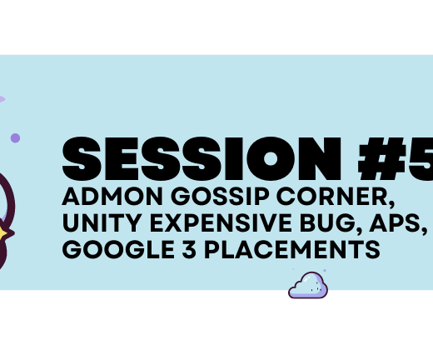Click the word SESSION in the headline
(202, 158)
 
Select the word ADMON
(112, 196)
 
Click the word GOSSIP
(220, 196)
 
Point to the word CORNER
(332, 196)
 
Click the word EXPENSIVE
(221, 222)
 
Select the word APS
(395, 222)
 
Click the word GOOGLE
(118, 249)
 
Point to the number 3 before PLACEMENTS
(189, 249)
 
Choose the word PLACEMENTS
(292, 249)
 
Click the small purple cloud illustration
(308, 285)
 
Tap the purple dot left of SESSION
(15, 137)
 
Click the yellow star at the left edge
(2, 233)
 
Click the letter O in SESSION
(271, 158)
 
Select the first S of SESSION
(82, 158)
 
